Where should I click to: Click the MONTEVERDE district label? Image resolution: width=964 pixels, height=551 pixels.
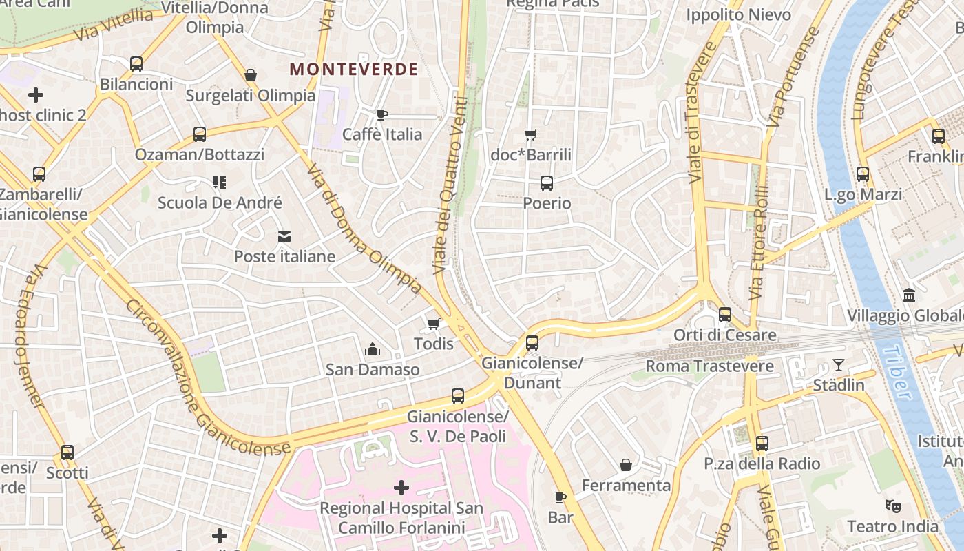coord(354,69)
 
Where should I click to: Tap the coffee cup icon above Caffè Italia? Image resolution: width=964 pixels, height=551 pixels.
coord(382,114)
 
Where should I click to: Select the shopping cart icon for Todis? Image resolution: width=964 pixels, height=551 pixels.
coord(433,324)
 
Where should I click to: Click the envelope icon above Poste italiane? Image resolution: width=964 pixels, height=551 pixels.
coord(284,237)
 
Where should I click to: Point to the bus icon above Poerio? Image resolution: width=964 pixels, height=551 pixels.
coord(547,183)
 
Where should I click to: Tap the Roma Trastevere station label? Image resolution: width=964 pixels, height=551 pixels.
coord(709,366)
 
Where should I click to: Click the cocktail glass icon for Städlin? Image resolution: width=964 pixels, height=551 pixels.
coord(838,364)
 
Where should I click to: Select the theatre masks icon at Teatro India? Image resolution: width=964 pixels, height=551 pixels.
coord(893,506)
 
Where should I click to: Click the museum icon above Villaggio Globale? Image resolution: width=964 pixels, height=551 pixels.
coord(909,295)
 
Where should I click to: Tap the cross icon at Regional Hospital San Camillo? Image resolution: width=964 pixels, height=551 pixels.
coord(401,488)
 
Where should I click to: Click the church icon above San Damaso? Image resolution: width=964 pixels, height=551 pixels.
coord(373,350)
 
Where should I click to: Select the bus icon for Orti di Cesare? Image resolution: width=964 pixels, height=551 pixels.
coord(725,315)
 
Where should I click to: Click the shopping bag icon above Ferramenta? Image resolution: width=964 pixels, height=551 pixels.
coord(626,465)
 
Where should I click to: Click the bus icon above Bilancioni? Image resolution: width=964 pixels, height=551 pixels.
coord(136,64)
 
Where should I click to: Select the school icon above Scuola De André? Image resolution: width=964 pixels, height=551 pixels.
coord(220,183)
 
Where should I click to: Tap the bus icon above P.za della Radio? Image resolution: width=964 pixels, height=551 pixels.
coord(762,444)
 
